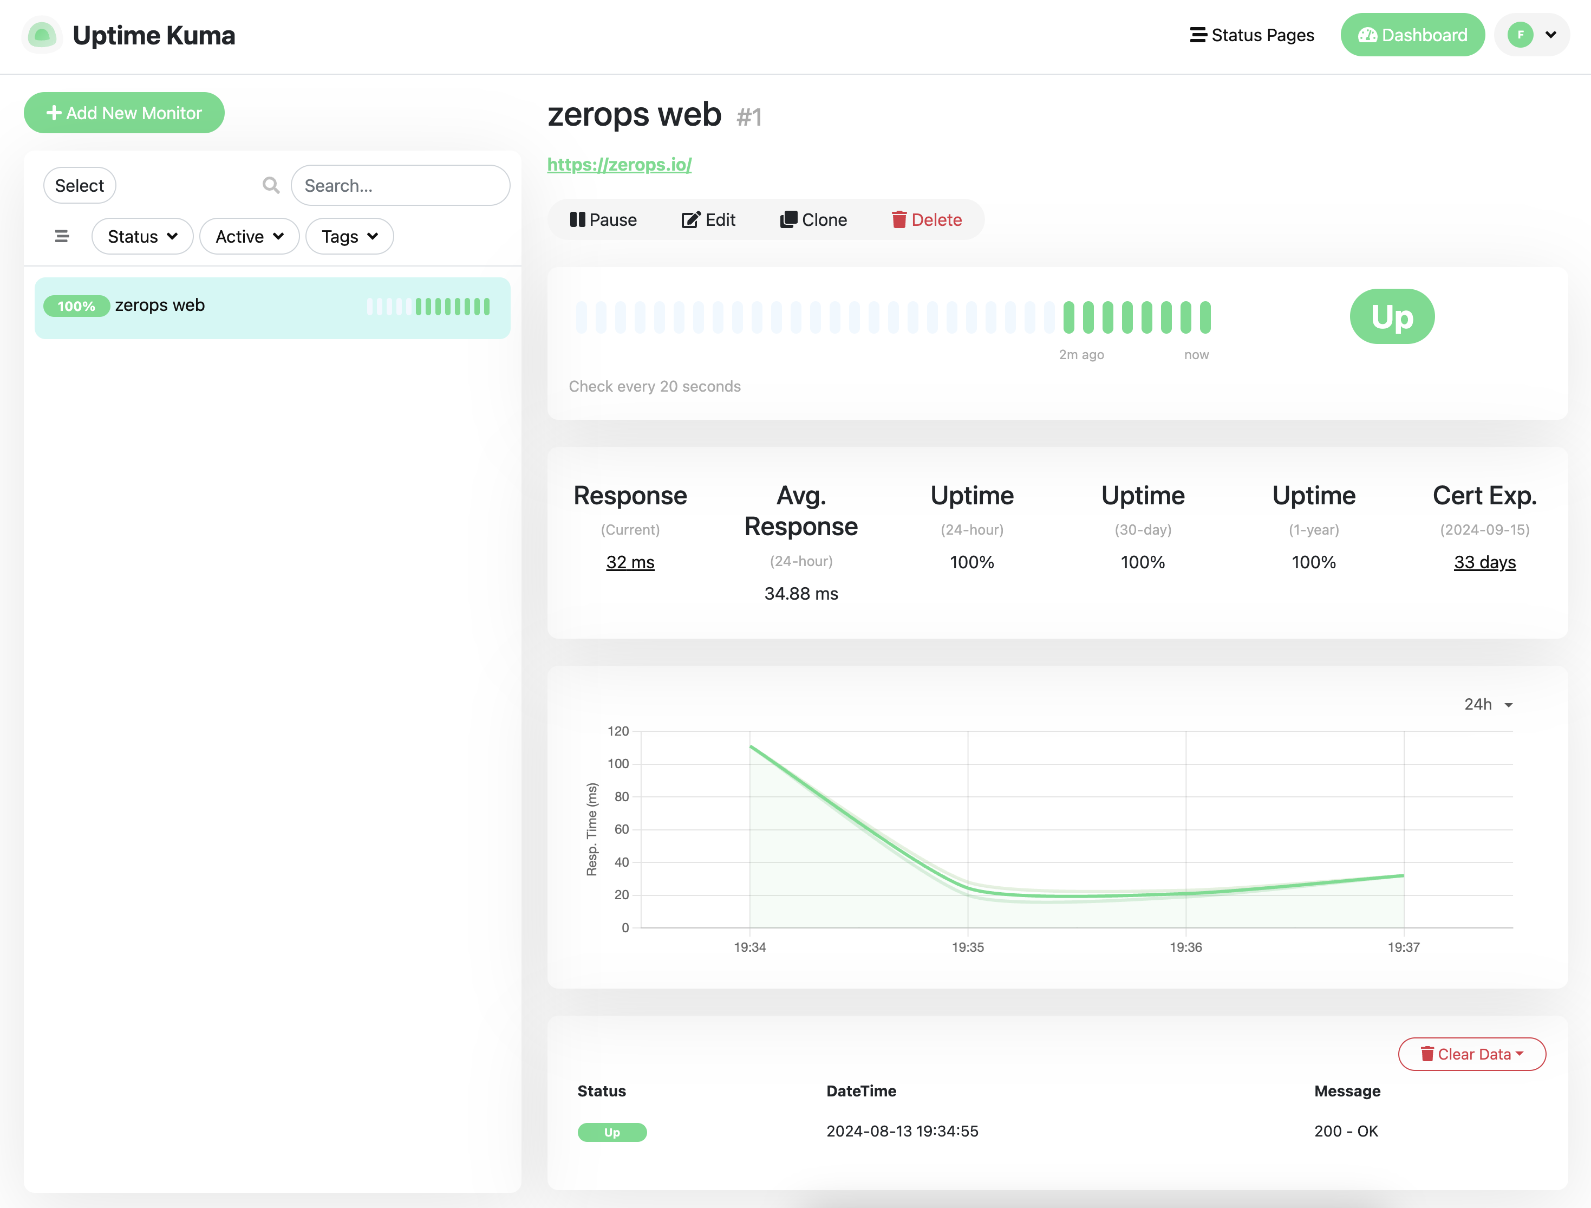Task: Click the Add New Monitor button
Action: [123, 113]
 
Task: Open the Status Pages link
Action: [1251, 35]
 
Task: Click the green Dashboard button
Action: [1412, 35]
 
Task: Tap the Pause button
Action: [603, 219]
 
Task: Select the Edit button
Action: [708, 219]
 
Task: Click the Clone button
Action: [813, 219]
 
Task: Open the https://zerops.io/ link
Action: [620, 164]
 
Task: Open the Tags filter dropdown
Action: [350, 237]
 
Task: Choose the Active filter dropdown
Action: [249, 237]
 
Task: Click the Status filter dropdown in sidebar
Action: [142, 237]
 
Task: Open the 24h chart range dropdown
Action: [1488, 704]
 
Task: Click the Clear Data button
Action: [1472, 1054]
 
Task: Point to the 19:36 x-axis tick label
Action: [1185, 947]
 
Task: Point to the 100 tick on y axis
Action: [618, 763]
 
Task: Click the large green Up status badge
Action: [1392, 316]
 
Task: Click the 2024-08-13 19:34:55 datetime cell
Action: [902, 1131]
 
